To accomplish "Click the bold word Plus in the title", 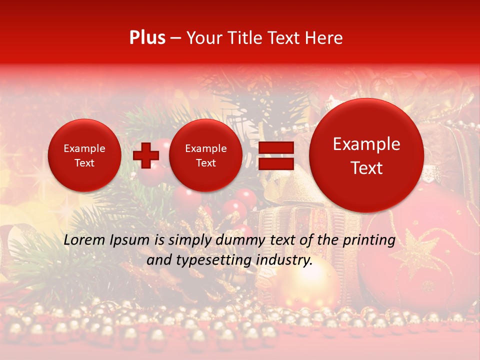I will pyautogui.click(x=147, y=37).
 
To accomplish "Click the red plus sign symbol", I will pyautogui.click(x=146, y=155).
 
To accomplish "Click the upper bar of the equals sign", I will pyautogui.click(x=275, y=147).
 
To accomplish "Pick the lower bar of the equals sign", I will pyautogui.click(x=275, y=164).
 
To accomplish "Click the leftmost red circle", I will pyautogui.click(x=84, y=155).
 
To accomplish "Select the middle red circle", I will pyautogui.click(x=206, y=155).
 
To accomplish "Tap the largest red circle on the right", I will pyautogui.click(x=366, y=155).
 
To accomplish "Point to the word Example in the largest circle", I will pyautogui.click(x=366, y=144).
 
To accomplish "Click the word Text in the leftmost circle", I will pyautogui.click(x=84, y=163).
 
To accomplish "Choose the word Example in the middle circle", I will pyautogui.click(x=206, y=148).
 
